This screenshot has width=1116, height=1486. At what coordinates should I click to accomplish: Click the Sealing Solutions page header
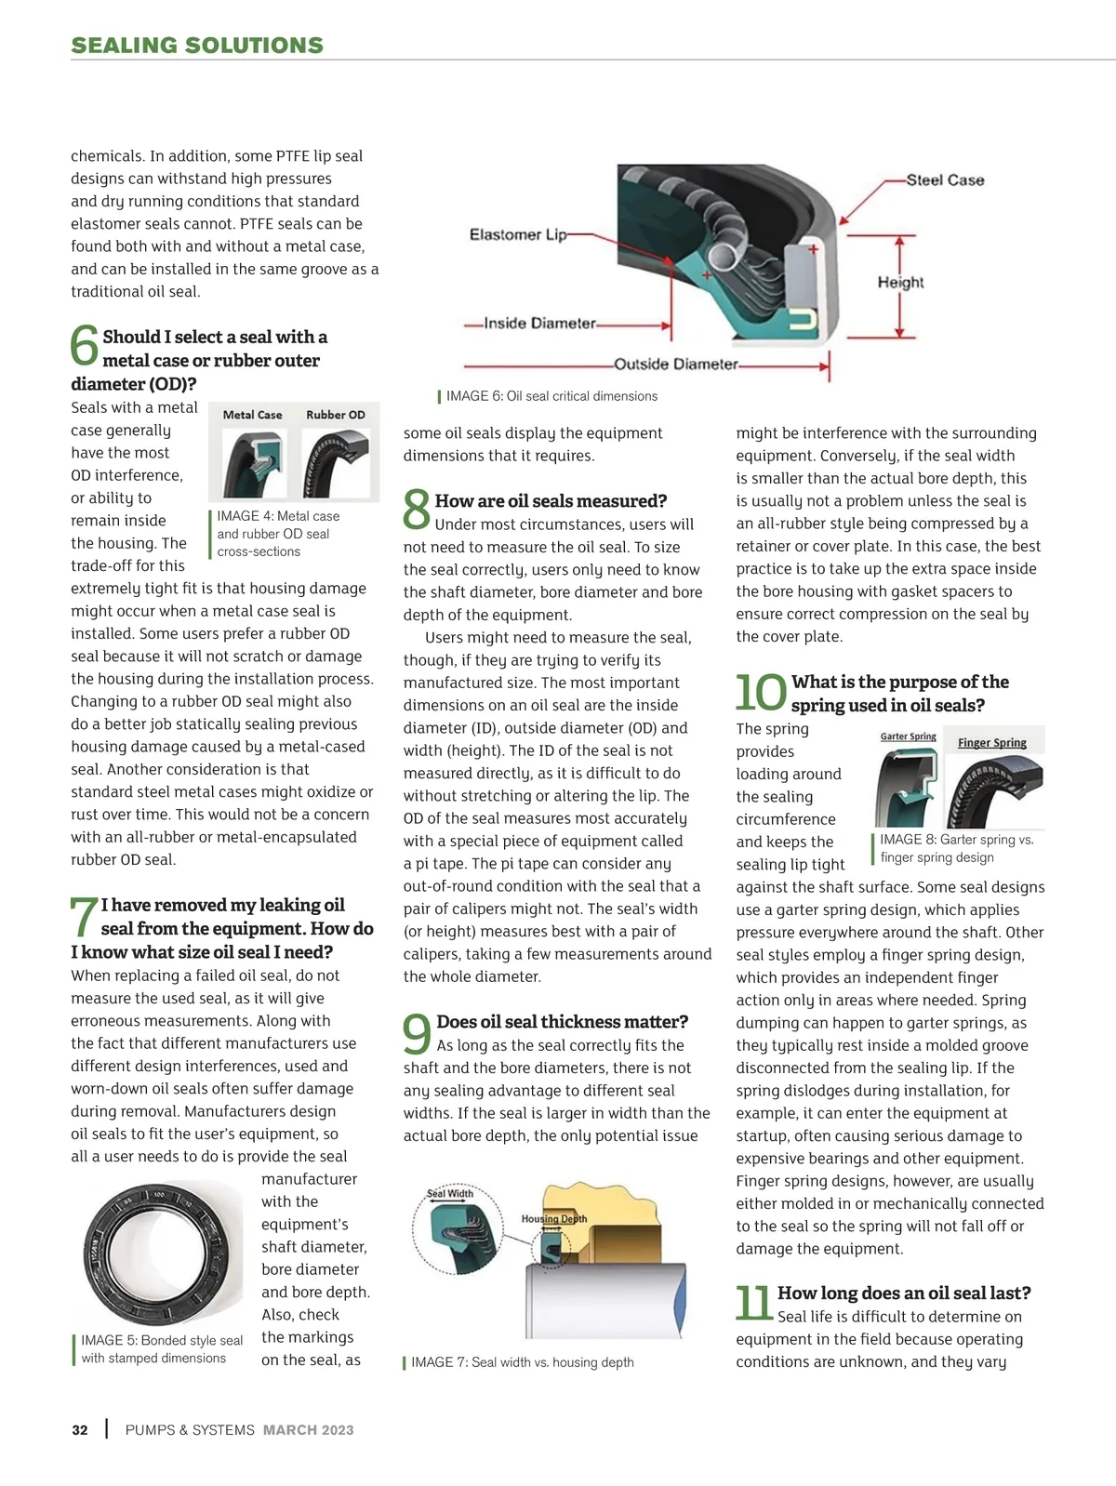[x=197, y=46]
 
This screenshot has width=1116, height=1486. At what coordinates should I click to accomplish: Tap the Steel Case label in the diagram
[x=945, y=180]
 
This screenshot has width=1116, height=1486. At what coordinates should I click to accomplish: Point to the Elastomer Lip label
[x=517, y=234]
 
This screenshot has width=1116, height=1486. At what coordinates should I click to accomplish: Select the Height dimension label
[x=900, y=282]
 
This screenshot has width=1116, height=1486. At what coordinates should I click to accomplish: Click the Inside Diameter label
[x=539, y=324]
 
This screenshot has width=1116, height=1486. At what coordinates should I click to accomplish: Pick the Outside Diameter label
[x=676, y=365]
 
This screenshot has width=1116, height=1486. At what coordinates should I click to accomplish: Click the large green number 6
[x=85, y=346]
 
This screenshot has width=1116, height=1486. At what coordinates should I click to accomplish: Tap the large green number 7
[x=84, y=917]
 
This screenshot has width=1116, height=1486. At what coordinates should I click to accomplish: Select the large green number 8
[x=417, y=511]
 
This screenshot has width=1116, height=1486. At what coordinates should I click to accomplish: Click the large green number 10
[x=761, y=693]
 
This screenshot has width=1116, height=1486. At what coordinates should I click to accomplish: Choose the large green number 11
[x=753, y=1303]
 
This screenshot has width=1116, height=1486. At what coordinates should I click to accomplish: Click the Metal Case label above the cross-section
[x=252, y=415]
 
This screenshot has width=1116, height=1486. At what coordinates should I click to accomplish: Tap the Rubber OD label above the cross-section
[x=336, y=415]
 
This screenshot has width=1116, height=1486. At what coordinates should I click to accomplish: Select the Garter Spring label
[x=908, y=736]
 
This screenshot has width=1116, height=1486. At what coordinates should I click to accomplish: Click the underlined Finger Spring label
[x=992, y=743]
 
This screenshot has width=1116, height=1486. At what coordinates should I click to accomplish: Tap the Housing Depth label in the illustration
[x=553, y=1219]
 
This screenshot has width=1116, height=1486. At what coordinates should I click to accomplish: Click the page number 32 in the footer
[x=80, y=1430]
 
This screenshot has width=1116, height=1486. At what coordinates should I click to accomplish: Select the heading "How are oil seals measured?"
[x=551, y=501]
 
